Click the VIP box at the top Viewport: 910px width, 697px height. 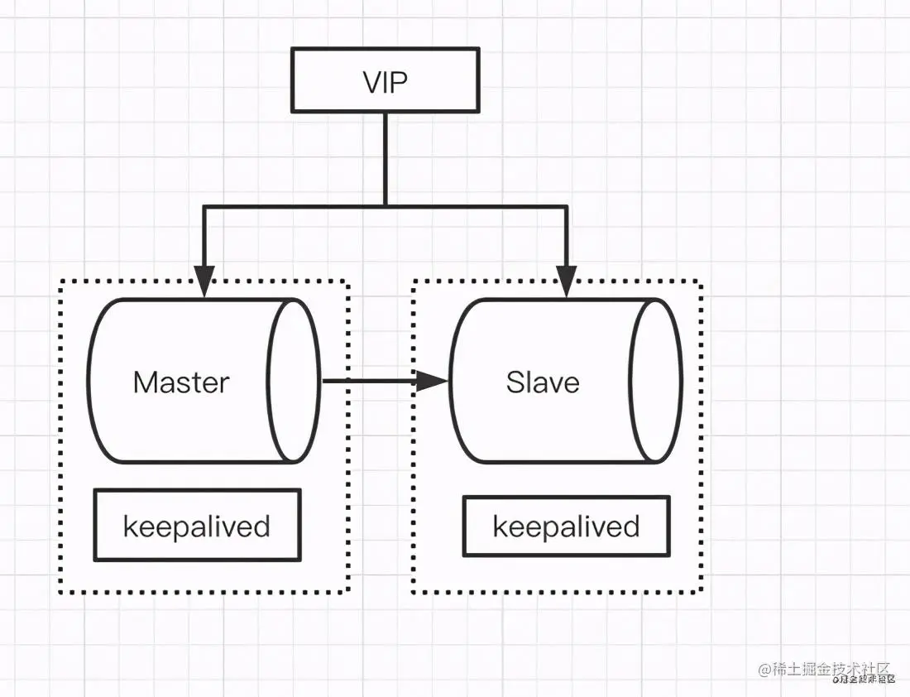(385, 80)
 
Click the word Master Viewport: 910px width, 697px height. (181, 382)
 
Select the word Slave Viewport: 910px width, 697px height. (543, 382)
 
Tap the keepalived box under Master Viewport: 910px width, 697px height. (197, 526)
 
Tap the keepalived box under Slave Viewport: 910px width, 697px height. (566, 526)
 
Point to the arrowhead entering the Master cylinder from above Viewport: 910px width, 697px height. (205, 281)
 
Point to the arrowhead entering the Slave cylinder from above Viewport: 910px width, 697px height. (567, 281)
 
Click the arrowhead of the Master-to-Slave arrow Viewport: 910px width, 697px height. (431, 381)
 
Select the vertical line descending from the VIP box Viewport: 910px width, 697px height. (386, 157)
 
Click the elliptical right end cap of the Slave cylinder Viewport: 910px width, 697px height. (656, 381)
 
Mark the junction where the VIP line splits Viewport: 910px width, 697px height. (386, 205)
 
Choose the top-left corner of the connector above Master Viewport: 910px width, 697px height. (205, 206)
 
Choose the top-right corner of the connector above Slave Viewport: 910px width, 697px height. (567, 206)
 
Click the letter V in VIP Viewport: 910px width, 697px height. (371, 82)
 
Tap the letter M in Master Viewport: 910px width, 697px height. (146, 382)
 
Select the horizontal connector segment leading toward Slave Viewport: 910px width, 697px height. (477, 205)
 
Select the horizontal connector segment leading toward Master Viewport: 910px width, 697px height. (295, 205)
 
